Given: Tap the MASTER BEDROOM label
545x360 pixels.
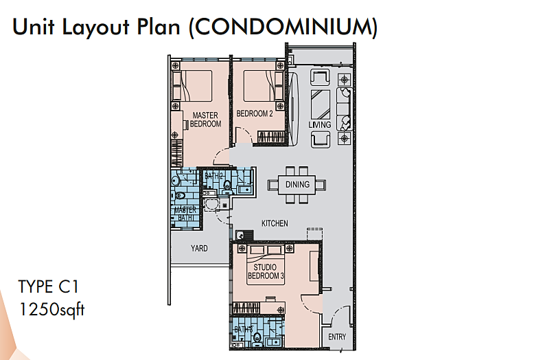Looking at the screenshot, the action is tap(205, 120).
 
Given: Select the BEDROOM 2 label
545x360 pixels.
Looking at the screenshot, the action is tap(255, 113).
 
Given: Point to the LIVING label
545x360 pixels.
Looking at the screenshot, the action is tap(319, 124).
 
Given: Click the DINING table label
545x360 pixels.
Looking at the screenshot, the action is tap(297, 184).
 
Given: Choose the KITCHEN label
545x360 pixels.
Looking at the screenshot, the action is tap(275, 223).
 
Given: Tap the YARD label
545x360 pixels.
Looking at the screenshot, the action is tap(199, 248).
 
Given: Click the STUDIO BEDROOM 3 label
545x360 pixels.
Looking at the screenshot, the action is tap(266, 271).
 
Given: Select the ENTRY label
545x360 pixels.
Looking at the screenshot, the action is tap(337, 337).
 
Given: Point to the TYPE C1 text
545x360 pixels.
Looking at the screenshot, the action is tap(48, 287).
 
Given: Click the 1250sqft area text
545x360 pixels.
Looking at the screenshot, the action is tap(51, 309).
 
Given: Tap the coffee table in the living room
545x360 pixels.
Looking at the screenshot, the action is tap(320, 104).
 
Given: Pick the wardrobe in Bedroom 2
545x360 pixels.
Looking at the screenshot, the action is tap(271, 137).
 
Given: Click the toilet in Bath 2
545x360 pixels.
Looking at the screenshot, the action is tap(227, 185).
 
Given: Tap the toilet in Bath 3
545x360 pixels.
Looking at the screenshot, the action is tap(257, 337).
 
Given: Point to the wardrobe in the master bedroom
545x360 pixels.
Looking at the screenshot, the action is tap(176, 153).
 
